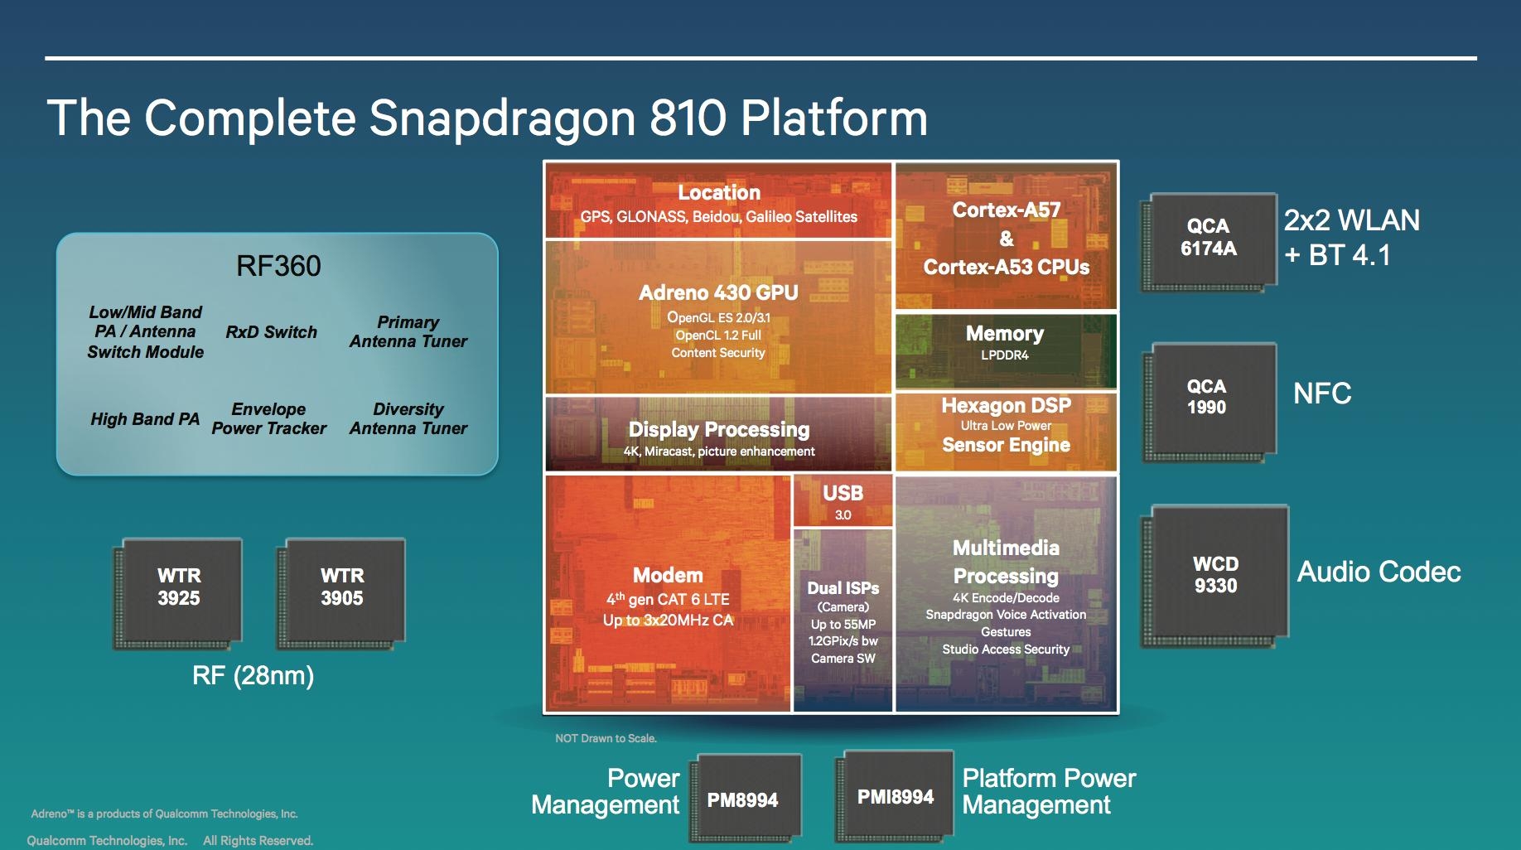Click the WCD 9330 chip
pos(1216,575)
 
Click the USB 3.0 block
pos(843,501)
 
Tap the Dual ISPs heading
pos(843,588)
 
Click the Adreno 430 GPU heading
pos(718,292)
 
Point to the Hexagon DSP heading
pos(1006,406)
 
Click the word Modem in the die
pos(668,576)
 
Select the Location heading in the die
pos(718,193)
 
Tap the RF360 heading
pos(278,266)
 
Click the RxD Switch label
pos(272,332)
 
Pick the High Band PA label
pos(145,419)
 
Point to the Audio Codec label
pos(1379,572)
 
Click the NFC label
pos(1322,394)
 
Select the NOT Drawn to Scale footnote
pos(606,738)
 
